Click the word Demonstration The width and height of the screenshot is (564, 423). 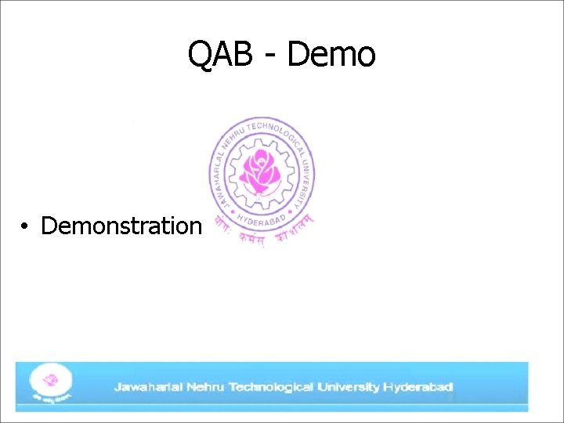(121, 226)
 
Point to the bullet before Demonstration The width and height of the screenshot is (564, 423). (26, 227)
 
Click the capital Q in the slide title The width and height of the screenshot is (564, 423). (201, 55)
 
